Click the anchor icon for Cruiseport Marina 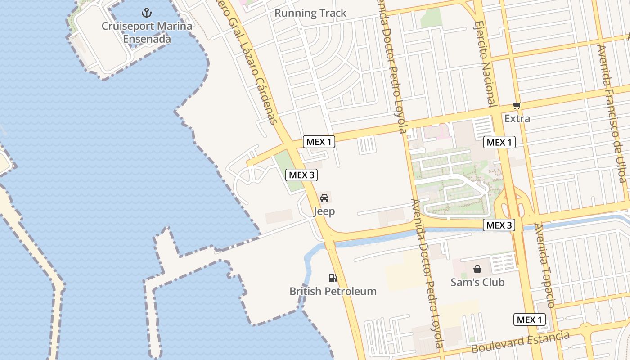147,13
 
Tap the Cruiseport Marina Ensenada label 147,32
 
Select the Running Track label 310,13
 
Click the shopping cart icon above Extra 517,106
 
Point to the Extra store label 517,119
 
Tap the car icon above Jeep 324,198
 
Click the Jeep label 324,211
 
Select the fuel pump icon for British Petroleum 333,278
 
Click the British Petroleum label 333,292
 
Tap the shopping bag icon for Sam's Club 477,269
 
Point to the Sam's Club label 477,283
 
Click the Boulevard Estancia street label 520,342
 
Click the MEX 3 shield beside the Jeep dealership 301,175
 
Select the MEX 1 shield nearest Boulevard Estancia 530,320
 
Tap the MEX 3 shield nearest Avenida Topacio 499,225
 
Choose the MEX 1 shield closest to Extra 499,143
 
